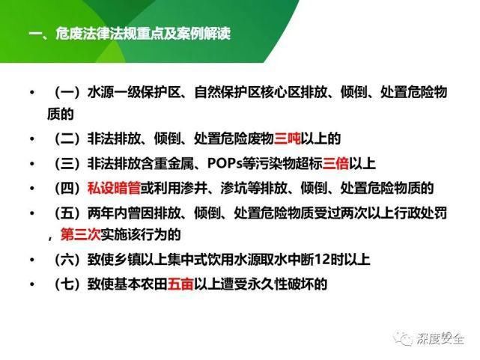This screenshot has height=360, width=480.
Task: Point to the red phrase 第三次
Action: [x=80, y=235]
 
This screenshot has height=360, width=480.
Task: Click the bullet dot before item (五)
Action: [x=31, y=213]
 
